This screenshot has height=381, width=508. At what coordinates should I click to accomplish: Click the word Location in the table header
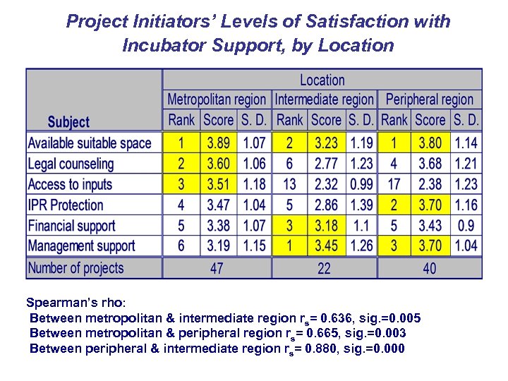click(x=322, y=80)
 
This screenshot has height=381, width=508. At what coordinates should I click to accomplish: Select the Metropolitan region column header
click(x=217, y=100)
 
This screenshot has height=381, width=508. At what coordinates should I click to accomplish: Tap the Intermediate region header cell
click(x=324, y=100)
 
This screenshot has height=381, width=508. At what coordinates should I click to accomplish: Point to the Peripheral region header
click(x=430, y=100)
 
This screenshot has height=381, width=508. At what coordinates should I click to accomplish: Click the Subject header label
click(x=68, y=122)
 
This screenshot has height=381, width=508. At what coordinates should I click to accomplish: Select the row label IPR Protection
click(x=66, y=205)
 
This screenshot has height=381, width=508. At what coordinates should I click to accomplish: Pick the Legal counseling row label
click(x=71, y=164)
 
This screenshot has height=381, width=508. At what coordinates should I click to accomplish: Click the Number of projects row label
click(x=75, y=268)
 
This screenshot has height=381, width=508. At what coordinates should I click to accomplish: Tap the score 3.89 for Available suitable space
click(x=218, y=143)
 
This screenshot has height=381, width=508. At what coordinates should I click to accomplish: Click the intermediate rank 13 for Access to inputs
click(x=289, y=185)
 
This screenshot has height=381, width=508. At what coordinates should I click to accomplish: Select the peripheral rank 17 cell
click(x=394, y=185)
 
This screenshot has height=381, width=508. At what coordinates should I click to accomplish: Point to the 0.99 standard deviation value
click(x=361, y=185)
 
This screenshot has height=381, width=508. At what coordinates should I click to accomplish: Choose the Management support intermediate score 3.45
click(x=325, y=246)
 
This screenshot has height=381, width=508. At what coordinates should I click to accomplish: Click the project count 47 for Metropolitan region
click(x=217, y=268)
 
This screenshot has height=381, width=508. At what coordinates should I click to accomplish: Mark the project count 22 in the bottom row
click(x=324, y=268)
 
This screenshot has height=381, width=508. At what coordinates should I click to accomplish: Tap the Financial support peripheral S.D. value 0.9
click(x=466, y=226)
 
